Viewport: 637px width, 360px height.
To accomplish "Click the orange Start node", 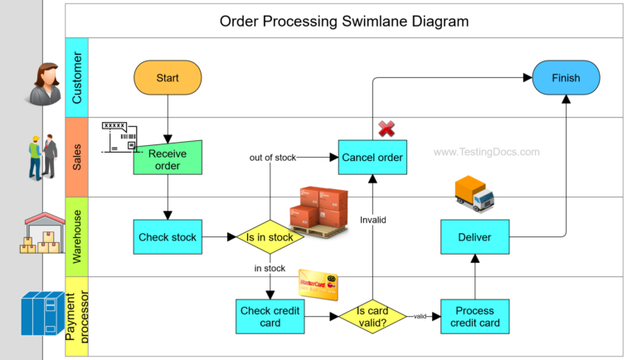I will [168, 78].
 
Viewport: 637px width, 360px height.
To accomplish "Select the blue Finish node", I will [566, 78].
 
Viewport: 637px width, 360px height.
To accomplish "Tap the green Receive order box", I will [168, 159].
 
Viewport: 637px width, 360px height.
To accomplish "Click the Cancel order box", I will [372, 158].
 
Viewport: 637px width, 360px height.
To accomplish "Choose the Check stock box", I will [168, 237].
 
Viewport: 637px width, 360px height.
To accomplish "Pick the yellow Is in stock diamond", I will [270, 237].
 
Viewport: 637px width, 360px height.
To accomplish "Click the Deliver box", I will [474, 237].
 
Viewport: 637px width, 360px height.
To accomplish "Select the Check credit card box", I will [270, 316].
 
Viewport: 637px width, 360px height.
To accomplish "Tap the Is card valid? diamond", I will [372, 316].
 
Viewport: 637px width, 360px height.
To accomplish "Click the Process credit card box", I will [474, 316].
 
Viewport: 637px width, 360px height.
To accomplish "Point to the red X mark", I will [387, 129].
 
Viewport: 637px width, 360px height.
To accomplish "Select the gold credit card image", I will [318, 285].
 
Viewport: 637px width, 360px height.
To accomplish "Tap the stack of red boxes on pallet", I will [318, 212].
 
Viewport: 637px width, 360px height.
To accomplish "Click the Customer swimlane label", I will [76, 78].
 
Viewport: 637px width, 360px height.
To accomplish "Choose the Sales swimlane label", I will [76, 157].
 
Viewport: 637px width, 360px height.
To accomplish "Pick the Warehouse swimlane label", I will [76, 236].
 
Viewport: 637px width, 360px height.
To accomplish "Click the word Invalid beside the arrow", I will [372, 220].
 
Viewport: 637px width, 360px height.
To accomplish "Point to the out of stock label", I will [273, 157].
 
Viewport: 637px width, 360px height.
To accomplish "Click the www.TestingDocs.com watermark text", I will [486, 152].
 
